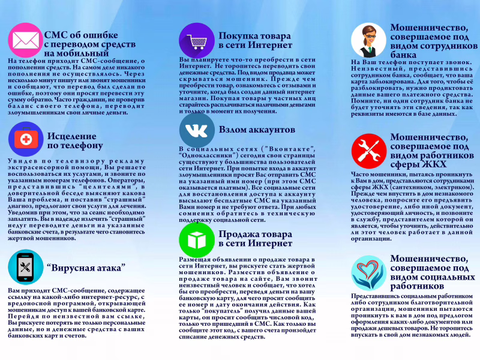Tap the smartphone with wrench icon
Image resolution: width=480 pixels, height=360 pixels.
tap(24, 268)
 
